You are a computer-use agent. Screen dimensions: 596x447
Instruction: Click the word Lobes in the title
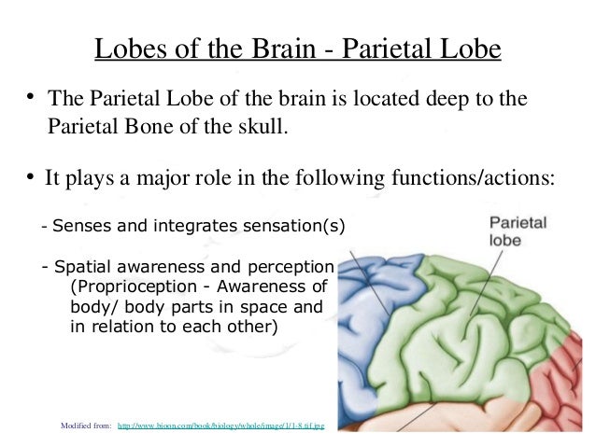[125, 48]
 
